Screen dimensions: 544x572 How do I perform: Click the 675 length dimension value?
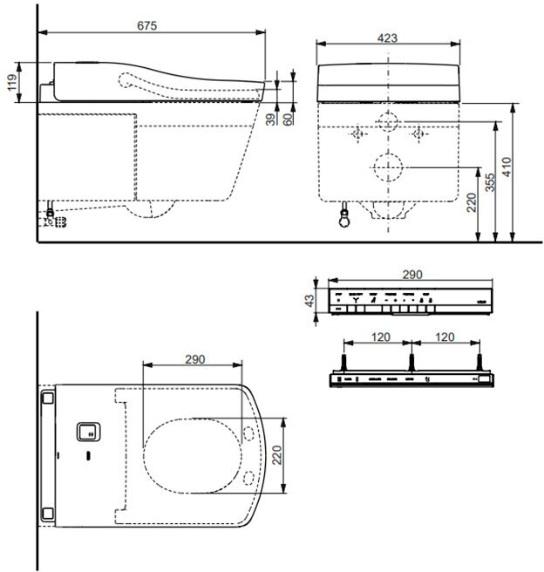(x=146, y=26)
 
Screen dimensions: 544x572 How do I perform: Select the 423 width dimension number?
(x=389, y=37)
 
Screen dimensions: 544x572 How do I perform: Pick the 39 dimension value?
(x=269, y=119)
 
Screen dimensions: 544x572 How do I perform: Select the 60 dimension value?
(x=288, y=119)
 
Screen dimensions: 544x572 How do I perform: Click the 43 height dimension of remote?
(x=309, y=301)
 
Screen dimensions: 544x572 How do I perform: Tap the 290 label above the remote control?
(x=411, y=274)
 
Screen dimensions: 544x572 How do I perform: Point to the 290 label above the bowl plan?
(x=196, y=358)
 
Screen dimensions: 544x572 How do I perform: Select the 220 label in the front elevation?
(x=471, y=205)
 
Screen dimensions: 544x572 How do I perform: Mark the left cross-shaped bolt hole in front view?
(x=357, y=133)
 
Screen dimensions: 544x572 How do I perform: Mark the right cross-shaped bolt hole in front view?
(x=419, y=133)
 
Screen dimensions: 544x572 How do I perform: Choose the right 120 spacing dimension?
(x=445, y=336)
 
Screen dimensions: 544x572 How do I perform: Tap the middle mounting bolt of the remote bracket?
(x=411, y=359)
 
